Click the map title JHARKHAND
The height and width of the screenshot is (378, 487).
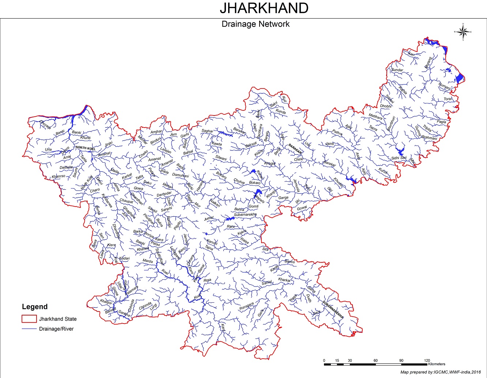pos(264,8)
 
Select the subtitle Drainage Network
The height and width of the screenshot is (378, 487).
pos(256,24)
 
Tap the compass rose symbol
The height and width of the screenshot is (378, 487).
pos(463,32)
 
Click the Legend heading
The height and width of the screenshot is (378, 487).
pos(35,307)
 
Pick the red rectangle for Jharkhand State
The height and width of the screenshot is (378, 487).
pos(29,319)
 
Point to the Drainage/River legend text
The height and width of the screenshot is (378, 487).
pos(57,329)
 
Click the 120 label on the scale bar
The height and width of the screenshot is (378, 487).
pos(427,360)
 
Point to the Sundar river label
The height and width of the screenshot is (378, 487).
pos(397,70)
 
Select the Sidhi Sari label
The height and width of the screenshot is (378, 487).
pos(399,158)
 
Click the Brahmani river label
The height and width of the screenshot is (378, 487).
pos(429,138)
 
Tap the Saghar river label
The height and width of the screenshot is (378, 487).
pos(207,131)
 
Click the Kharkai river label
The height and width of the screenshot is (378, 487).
pos(284,280)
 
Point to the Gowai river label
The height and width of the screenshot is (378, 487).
pos(302,208)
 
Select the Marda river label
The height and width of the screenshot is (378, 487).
pos(147,261)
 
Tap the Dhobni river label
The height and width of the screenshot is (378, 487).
pos(385,106)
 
